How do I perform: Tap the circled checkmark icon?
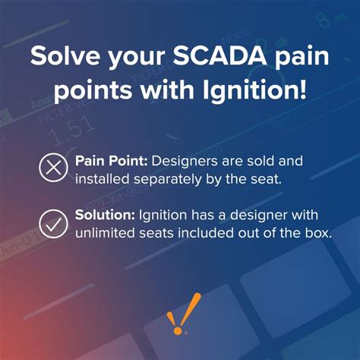(x=52, y=224)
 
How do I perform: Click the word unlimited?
(x=103, y=235)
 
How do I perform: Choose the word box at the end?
(x=317, y=235)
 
